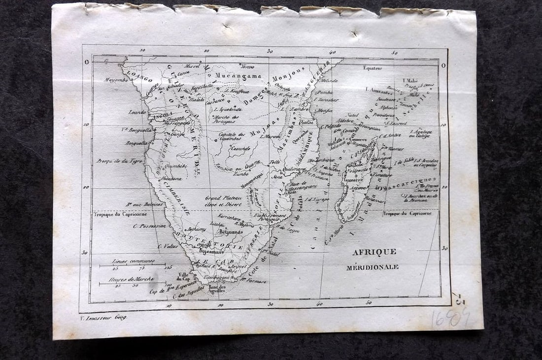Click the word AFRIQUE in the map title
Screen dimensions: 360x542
[374, 252]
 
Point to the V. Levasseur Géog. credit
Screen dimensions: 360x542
[102, 318]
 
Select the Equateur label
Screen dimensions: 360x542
[373, 68]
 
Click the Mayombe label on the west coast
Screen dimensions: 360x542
[117, 80]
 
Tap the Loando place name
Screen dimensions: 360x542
[137, 112]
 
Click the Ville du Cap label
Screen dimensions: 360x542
[183, 276]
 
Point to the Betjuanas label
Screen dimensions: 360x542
[231, 231]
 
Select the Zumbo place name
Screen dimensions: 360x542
[241, 174]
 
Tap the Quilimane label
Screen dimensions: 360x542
[295, 169]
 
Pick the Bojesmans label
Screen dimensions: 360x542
[211, 251]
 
